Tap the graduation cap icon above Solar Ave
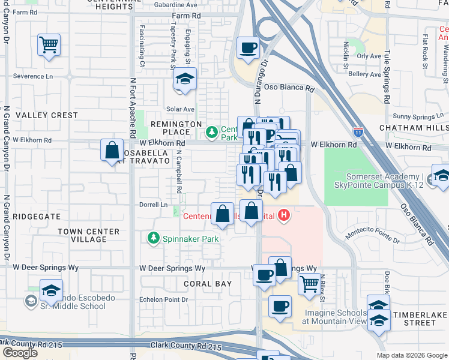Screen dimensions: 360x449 (185, 79)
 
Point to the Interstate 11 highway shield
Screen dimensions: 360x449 (358, 130)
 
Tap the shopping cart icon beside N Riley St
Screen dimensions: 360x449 (309, 283)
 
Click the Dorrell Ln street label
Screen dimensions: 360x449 (153, 205)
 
